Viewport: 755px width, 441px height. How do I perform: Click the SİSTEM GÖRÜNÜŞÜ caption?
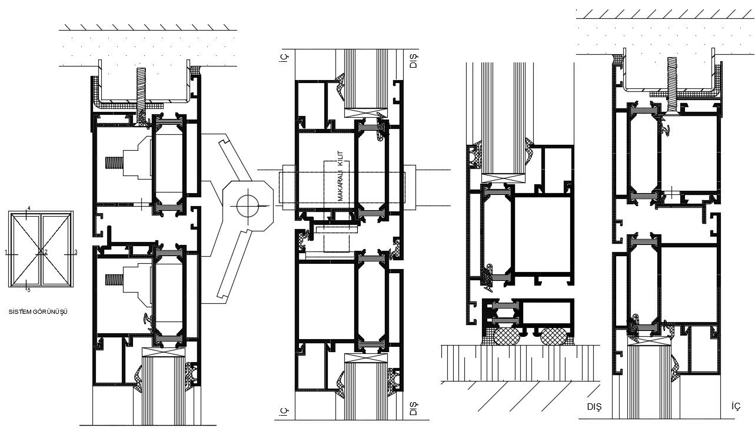pyautogui.click(x=38, y=311)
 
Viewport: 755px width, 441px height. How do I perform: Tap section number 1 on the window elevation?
pyautogui.click(x=6, y=252)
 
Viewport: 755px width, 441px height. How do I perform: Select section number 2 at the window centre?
pyautogui.click(x=45, y=252)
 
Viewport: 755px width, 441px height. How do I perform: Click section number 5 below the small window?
pyautogui.click(x=29, y=290)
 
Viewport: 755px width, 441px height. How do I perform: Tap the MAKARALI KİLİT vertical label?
pyautogui.click(x=341, y=176)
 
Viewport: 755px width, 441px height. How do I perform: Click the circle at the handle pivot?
pyautogui.click(x=247, y=205)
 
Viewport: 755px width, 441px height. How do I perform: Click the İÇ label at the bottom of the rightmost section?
pyautogui.click(x=735, y=407)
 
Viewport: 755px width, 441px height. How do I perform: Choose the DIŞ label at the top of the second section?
pyautogui.click(x=413, y=59)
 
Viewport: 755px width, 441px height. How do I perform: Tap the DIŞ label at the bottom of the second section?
pyautogui.click(x=413, y=409)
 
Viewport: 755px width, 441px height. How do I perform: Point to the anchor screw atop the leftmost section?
pyautogui.click(x=142, y=88)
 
